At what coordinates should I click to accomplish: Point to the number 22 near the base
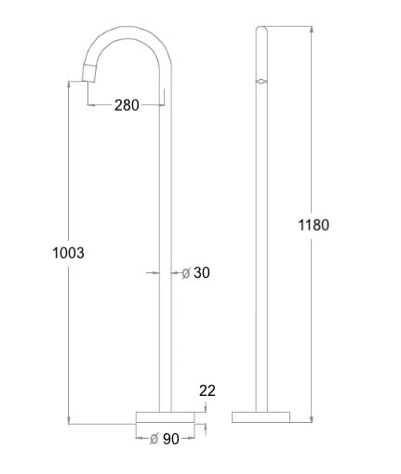click(207, 391)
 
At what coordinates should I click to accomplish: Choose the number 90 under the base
click(170, 439)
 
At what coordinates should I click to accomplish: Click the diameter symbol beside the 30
click(185, 272)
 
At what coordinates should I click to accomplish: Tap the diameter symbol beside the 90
click(153, 439)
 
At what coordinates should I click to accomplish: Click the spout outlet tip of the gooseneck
click(89, 72)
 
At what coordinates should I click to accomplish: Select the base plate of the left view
click(167, 415)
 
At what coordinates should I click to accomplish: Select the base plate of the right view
click(263, 415)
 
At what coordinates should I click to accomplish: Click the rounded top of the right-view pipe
click(263, 31)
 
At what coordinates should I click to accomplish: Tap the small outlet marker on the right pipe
click(263, 82)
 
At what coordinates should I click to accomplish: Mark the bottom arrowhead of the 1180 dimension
click(310, 420)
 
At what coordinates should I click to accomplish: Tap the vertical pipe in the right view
click(263, 232)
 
